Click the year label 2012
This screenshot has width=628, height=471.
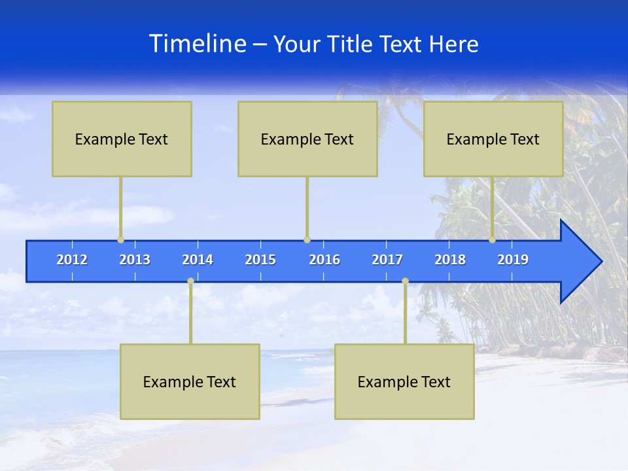tap(72, 260)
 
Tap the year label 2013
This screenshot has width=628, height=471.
tap(135, 260)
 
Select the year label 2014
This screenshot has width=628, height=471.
tap(198, 260)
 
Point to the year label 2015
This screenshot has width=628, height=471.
tap(260, 260)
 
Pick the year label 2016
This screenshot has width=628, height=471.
tap(324, 260)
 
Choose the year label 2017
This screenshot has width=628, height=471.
tap(387, 260)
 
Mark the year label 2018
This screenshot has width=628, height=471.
tap(450, 260)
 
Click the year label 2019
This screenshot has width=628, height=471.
tap(513, 260)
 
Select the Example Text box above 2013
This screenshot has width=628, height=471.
tap(122, 139)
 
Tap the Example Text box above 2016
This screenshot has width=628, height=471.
tap(307, 139)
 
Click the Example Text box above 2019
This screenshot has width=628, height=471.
tap(493, 139)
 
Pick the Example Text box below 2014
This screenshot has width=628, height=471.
tap(190, 381)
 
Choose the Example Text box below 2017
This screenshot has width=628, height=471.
tap(404, 381)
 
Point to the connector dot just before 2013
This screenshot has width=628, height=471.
tap(120, 239)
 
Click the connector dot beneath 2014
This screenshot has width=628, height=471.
tap(190, 281)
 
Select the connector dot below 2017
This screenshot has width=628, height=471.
tap(405, 281)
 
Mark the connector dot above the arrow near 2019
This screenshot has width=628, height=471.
tap(492, 239)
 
